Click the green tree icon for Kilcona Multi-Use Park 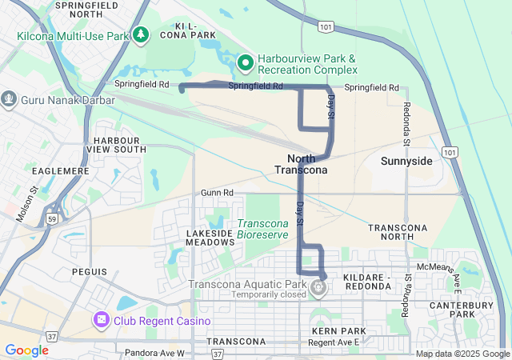pyautogui.click(x=142, y=34)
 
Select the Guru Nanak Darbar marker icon pyautogui.click(x=9, y=99)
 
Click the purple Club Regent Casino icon pyautogui.click(x=102, y=321)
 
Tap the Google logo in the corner pyautogui.click(x=26, y=350)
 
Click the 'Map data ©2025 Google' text pyautogui.click(x=462, y=354)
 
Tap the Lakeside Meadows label pyautogui.click(x=209, y=238)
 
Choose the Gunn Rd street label pyautogui.click(x=217, y=193)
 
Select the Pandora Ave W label pyautogui.click(x=154, y=352)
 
